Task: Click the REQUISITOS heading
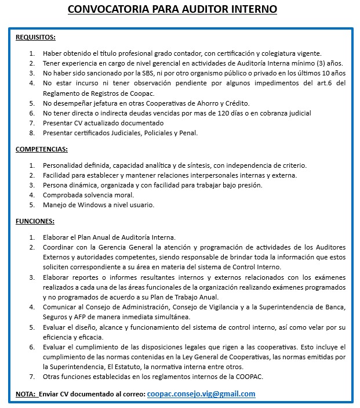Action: click(35, 38)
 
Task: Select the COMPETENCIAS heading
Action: click(42, 150)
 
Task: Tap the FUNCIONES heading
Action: click(35, 221)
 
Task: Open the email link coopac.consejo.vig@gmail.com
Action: click(201, 393)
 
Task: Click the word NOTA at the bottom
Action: click(25, 394)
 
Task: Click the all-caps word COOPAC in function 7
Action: click(250, 377)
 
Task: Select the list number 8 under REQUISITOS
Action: click(32, 133)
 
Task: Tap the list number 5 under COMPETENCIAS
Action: click(32, 205)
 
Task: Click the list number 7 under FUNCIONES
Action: click(32, 377)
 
